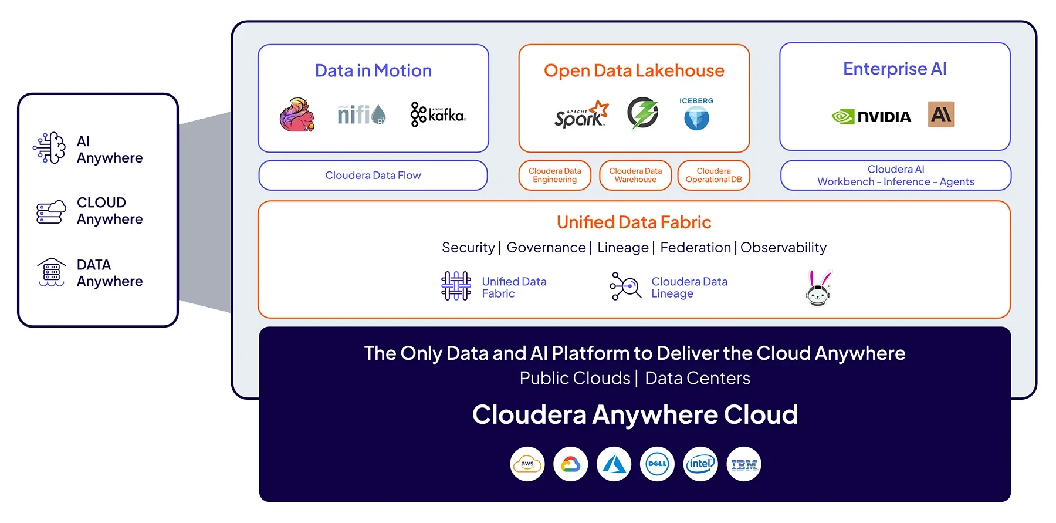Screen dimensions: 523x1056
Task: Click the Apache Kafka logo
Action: coord(438,114)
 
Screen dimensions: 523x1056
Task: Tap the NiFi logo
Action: coord(361,114)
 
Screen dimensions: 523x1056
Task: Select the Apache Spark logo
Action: coord(581,114)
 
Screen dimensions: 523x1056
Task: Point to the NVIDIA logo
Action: coord(872,117)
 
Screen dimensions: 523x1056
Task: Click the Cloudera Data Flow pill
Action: coord(373,176)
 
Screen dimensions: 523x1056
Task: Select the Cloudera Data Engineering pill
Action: coord(554,176)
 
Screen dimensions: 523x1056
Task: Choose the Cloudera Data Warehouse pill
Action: coord(635,176)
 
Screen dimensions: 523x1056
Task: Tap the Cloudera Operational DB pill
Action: coord(713,176)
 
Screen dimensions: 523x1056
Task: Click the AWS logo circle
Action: coord(527,464)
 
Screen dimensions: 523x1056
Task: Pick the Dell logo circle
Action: coord(657,464)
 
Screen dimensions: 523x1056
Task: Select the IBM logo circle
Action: coord(744,464)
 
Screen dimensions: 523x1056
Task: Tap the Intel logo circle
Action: coord(700,464)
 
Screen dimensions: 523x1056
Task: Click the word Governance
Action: coord(546,248)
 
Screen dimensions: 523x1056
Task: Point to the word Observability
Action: coord(783,248)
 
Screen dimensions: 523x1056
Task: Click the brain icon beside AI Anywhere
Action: coord(50,148)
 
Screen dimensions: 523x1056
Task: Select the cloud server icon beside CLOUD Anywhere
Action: coord(51,211)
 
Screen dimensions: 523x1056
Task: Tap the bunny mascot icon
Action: coord(818,288)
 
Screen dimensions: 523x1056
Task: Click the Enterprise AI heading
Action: coord(895,69)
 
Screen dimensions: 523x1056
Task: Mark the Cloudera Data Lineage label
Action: coord(689,288)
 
